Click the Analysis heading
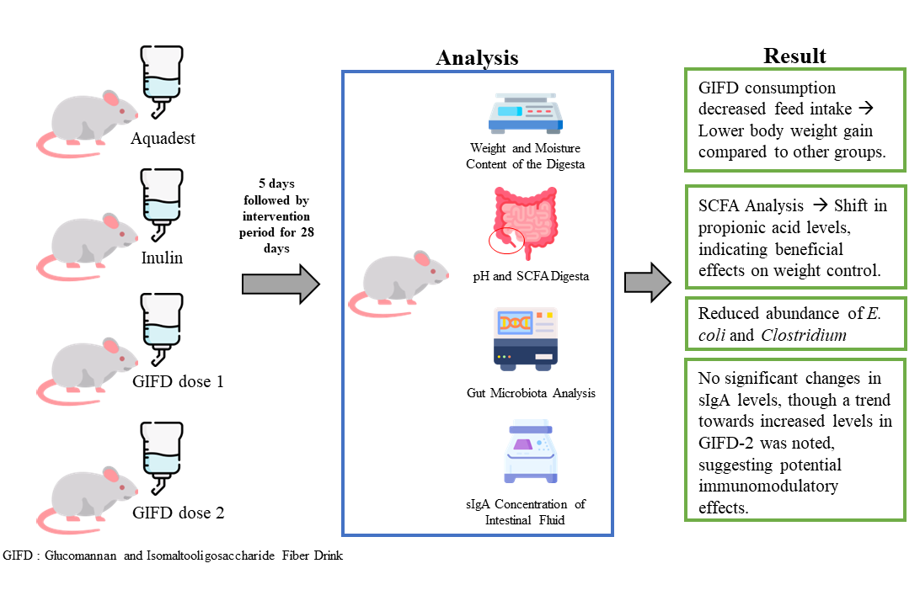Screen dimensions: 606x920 [477, 57]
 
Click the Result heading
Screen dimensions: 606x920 [794, 56]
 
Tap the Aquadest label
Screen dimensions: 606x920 [163, 138]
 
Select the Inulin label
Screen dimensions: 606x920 [163, 258]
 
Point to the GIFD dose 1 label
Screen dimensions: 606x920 [178, 381]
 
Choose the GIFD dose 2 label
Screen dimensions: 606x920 [178, 513]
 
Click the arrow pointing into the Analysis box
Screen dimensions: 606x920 [281, 284]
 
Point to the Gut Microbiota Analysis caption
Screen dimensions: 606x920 [531, 393]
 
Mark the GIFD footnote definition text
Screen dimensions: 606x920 [173, 556]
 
